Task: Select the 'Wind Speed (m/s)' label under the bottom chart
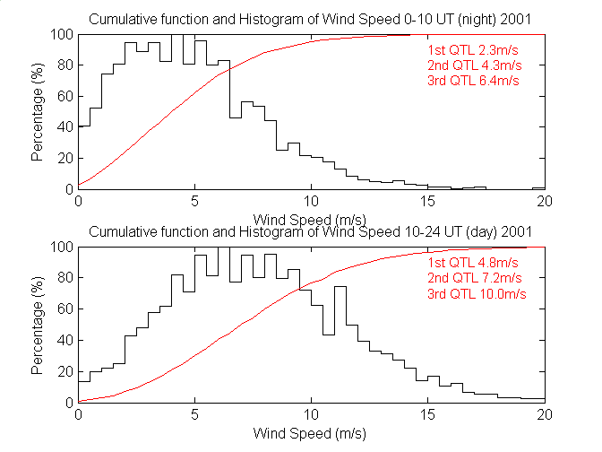pyautogui.click(x=312, y=433)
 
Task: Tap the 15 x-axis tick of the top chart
pyautogui.click(x=428, y=203)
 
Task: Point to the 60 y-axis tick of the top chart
pyautogui.click(x=63, y=97)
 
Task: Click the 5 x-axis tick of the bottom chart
pyautogui.click(x=195, y=415)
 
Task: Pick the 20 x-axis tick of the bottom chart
pyautogui.click(x=544, y=415)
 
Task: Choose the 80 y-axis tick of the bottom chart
pyautogui.click(x=63, y=278)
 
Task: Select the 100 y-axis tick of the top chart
pyautogui.click(x=60, y=35)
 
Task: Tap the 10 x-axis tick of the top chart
pyautogui.click(x=312, y=203)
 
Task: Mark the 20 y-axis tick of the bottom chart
pyautogui.click(x=63, y=371)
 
